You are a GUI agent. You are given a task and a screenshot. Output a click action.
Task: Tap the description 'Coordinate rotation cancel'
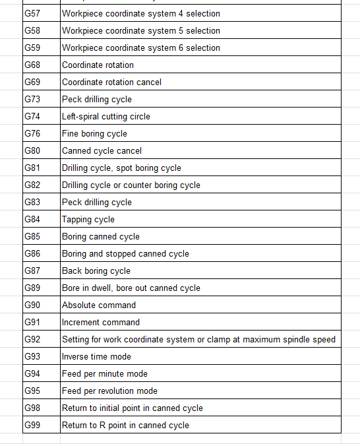(x=111, y=82)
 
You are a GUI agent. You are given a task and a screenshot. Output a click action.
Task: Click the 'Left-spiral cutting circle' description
(x=105, y=116)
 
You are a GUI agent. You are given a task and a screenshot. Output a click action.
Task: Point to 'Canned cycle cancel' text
(x=102, y=150)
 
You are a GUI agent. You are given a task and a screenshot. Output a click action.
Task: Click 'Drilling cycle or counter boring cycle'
(x=131, y=185)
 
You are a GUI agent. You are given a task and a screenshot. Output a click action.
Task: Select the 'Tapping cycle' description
(x=88, y=219)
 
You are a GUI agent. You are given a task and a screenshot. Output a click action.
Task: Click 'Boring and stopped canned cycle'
(x=125, y=253)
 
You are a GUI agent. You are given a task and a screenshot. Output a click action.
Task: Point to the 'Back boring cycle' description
(x=96, y=270)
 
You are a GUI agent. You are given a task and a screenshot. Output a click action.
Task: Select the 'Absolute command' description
(x=99, y=305)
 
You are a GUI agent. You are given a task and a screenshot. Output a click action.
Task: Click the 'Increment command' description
(x=101, y=322)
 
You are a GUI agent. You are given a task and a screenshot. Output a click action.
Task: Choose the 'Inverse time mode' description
(x=96, y=356)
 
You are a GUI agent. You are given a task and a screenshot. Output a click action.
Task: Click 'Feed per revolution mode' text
(x=109, y=391)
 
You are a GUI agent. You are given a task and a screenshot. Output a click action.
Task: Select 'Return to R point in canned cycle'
(x=125, y=425)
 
